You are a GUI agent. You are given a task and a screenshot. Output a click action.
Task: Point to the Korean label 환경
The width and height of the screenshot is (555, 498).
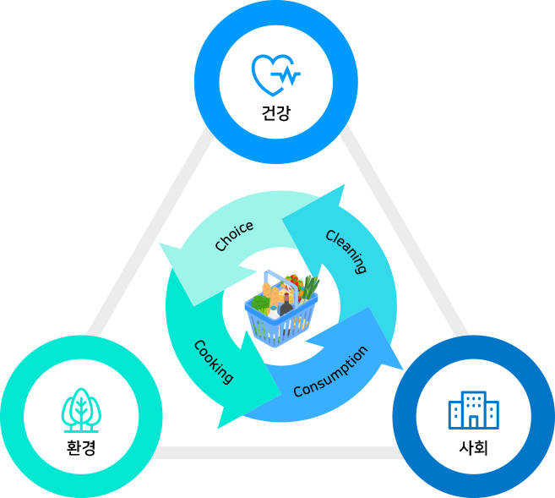click(x=81, y=447)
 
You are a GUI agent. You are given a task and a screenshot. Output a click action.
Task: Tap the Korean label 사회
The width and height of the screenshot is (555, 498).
click(x=473, y=446)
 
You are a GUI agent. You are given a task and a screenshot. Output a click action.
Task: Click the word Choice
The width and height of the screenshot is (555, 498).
click(x=234, y=237)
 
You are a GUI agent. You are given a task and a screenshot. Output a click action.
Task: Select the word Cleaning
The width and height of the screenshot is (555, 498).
click(x=346, y=251)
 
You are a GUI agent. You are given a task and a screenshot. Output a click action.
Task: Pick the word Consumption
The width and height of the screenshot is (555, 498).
click(x=330, y=372)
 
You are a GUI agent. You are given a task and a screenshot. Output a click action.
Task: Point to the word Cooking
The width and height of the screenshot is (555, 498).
click(x=214, y=361)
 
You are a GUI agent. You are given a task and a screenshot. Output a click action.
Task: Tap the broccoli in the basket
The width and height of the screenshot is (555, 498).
click(x=260, y=304)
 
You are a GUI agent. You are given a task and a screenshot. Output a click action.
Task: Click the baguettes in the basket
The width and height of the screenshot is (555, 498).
click(x=269, y=296)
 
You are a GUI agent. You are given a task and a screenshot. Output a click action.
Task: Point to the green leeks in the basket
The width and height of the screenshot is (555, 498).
click(x=309, y=288)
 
